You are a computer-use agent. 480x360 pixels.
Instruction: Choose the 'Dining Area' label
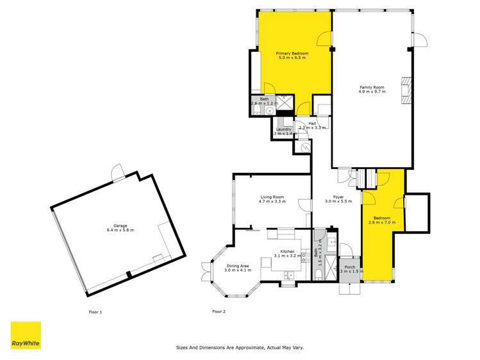238,268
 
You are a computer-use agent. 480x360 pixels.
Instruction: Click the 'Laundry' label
283,131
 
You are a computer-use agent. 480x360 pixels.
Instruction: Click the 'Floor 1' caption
95,312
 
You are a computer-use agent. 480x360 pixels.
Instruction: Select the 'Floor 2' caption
219,312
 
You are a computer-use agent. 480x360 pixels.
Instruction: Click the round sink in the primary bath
270,110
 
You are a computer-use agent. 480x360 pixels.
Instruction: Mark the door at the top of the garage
117,172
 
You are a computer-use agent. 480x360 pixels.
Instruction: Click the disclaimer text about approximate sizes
240,348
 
